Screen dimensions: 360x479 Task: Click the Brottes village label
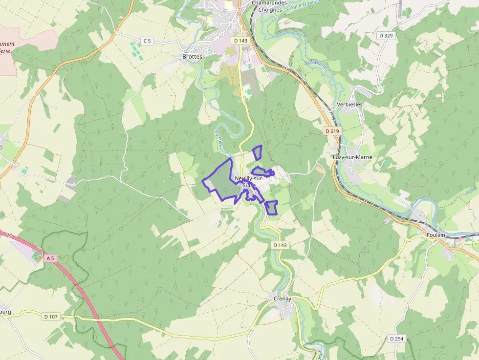tap(192, 57)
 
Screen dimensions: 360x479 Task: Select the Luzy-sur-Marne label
tap(352, 157)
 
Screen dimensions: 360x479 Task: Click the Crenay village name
tap(282, 298)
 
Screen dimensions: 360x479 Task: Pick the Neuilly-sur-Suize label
tap(249, 182)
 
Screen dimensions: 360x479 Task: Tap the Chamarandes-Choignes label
tap(267, 6)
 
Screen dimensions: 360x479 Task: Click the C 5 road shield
tap(147, 41)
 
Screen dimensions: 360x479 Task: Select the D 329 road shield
tap(386, 36)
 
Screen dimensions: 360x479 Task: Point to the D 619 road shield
tap(332, 131)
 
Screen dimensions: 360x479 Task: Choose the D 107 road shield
tap(51, 317)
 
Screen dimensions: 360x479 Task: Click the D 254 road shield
tap(397, 339)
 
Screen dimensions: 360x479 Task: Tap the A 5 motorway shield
tap(50, 257)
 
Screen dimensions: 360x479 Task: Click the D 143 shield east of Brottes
tap(240, 41)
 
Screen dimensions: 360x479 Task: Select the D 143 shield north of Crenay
tap(280, 245)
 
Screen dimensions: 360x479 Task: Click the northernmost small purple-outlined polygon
tap(257, 152)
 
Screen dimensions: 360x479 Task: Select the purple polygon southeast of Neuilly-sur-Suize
tap(272, 207)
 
